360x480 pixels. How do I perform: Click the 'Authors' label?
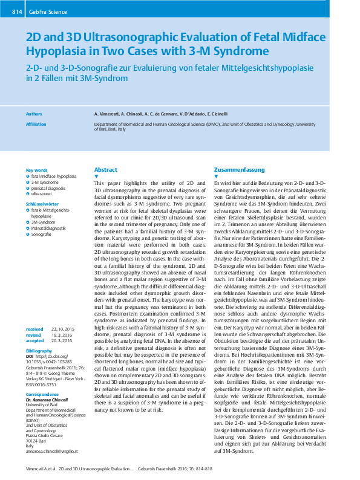coord(34,114)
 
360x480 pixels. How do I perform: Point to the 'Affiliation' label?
coord(36,123)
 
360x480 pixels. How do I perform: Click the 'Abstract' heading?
coord(106,170)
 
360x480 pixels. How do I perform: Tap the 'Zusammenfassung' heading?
coord(239,170)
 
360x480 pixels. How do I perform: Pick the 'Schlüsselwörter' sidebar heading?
coord(41,204)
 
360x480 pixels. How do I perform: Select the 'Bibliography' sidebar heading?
coord(39,350)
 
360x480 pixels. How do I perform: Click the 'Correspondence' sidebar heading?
coord(42,394)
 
